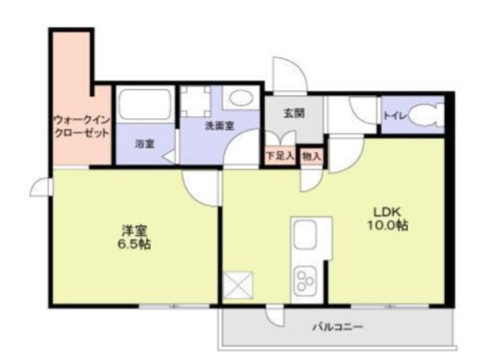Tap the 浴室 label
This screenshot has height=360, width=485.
point(145,143)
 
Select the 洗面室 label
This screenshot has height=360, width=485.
point(220,125)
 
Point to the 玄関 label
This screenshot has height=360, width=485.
point(293,113)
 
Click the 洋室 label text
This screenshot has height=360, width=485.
point(134,230)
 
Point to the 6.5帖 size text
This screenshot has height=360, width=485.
point(134,244)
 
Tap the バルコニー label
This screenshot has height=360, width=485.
point(337,328)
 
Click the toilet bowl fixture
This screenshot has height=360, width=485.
point(425,115)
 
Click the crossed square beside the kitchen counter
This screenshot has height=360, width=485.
point(237,286)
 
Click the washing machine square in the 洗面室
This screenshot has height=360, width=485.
point(196,102)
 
